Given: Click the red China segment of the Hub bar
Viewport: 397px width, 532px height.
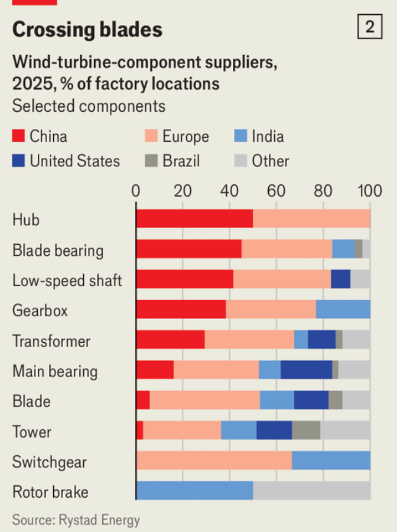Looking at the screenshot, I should pyautogui.click(x=194, y=219).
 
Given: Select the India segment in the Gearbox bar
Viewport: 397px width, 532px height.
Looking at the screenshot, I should pyautogui.click(x=343, y=309).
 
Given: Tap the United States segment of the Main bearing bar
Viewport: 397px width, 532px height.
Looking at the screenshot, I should pyautogui.click(x=306, y=370).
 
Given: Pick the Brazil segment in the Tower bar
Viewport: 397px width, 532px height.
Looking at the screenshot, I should pyautogui.click(x=306, y=430).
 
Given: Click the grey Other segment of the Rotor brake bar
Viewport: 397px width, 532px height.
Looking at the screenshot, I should pyautogui.click(x=311, y=491).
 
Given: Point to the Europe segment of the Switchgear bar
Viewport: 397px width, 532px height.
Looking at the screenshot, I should pyautogui.click(x=214, y=461).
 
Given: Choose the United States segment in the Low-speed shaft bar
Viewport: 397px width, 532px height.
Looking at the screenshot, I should pyautogui.click(x=340, y=279).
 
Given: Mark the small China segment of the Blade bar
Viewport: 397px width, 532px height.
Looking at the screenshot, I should pyautogui.click(x=143, y=400).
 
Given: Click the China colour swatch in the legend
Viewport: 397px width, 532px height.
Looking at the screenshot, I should pyautogui.click(x=19, y=137).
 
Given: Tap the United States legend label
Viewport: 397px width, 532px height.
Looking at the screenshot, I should pyautogui.click(x=74, y=161).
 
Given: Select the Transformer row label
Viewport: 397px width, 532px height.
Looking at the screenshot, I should pyautogui.click(x=51, y=341).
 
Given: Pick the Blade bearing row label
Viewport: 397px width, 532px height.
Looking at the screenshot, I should pyautogui.click(x=58, y=250).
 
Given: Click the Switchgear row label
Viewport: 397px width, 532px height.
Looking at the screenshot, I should pyautogui.click(x=50, y=462).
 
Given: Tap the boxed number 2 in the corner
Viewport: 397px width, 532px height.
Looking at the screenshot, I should pyautogui.click(x=370, y=27).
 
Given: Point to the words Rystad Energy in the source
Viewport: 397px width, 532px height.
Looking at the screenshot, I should pyautogui.click(x=99, y=520).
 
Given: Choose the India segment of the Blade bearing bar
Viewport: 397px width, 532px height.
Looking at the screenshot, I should pyautogui.click(x=343, y=249).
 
